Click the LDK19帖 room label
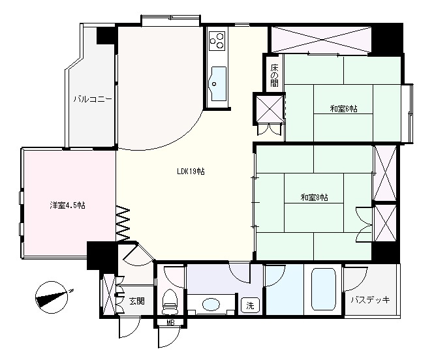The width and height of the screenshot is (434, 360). [191, 172]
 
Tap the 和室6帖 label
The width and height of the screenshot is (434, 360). [343, 109]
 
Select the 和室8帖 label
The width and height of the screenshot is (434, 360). [315, 198]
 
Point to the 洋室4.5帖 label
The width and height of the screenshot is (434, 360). [67, 205]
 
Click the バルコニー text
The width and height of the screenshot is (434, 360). [93, 99]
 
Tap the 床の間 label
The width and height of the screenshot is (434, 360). [274, 75]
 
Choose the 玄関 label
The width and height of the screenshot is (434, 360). [137, 301]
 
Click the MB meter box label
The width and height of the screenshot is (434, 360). [170, 322]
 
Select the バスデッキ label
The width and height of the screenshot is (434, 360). [370, 299]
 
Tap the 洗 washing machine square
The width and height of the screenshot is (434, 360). [250, 305]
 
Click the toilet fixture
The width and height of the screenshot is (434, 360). [170, 302]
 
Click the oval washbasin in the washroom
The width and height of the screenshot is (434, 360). [211, 305]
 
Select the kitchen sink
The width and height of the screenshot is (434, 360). [217, 83]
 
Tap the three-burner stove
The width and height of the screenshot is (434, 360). [217, 40]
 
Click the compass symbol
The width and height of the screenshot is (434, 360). [52, 297]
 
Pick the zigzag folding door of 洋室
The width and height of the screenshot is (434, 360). [123, 224]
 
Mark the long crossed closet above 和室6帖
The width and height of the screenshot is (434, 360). [321, 40]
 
